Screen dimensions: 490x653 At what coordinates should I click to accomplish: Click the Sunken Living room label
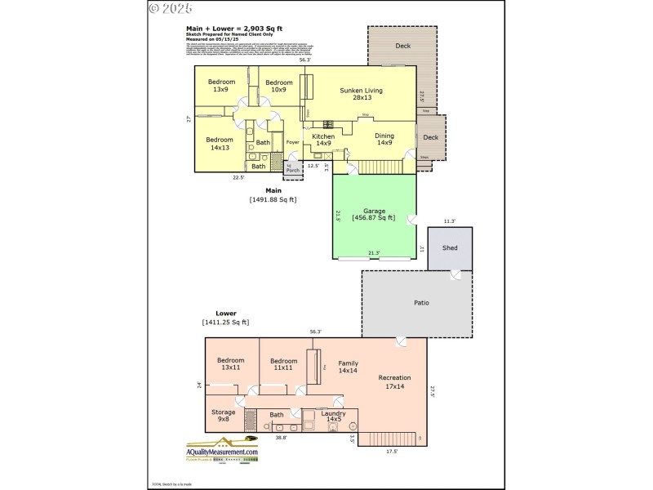pos(361,95)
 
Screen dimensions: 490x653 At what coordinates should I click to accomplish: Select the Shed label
pos(450,248)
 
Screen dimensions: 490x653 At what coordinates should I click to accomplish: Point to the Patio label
pos(420,303)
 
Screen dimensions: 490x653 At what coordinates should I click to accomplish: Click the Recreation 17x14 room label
pos(394,381)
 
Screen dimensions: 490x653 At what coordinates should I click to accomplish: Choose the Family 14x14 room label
pos(349,367)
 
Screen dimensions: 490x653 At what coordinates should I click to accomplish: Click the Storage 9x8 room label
pos(224,416)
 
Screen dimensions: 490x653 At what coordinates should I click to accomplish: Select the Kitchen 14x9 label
pos(323,140)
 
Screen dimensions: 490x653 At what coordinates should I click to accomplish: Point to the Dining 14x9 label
pos(384,140)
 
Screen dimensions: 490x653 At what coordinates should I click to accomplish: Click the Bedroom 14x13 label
pos(220,143)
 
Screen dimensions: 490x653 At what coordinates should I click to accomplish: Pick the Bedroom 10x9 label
pos(279,86)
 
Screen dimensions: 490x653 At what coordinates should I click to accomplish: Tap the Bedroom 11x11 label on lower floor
pos(283,364)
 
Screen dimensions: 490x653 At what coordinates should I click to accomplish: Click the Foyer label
pos(292,141)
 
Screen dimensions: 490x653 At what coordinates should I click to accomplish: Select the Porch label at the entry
pos(292,170)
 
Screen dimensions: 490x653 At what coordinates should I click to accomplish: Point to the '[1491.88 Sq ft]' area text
pos(273,199)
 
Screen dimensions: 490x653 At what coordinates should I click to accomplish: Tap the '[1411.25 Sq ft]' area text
pos(226,323)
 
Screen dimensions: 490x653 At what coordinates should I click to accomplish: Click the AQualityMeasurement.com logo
pos(221,454)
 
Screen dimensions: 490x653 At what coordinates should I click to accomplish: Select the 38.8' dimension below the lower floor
pos(280,438)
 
